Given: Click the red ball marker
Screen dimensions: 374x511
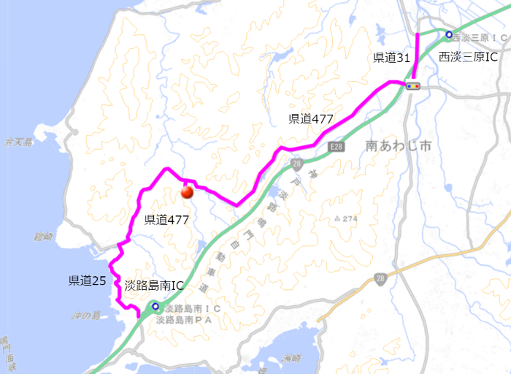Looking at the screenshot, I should pyautogui.click(x=187, y=192).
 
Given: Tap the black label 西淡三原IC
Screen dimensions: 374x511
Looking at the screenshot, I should pyautogui.click(x=468, y=56).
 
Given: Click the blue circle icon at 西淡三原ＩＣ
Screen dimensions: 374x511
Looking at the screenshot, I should pyautogui.click(x=449, y=34).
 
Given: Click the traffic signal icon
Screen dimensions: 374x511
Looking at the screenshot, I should pyautogui.click(x=413, y=85).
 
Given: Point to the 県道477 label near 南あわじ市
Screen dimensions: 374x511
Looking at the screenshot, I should pyautogui.click(x=311, y=119).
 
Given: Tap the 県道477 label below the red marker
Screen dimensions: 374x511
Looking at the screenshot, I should pyautogui.click(x=167, y=219).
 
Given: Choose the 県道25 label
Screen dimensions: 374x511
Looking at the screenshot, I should pyautogui.click(x=88, y=280).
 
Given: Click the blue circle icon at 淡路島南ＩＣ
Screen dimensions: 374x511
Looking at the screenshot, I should pyautogui.click(x=155, y=307).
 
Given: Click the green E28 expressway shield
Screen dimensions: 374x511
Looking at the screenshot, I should pyautogui.click(x=336, y=147).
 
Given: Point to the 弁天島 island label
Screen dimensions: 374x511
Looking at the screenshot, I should pyautogui.click(x=19, y=142).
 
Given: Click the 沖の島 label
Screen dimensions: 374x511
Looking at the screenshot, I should pyautogui.click(x=85, y=316).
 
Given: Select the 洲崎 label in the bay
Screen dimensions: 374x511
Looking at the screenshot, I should pyautogui.click(x=291, y=359).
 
